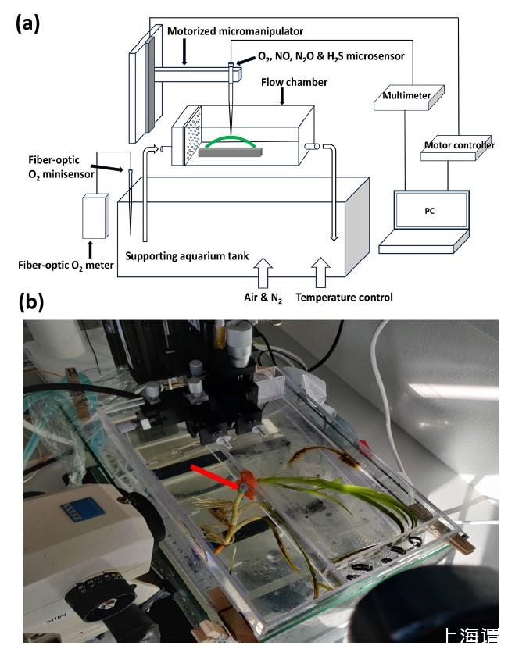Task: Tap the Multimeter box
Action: pyautogui.click(x=406, y=96)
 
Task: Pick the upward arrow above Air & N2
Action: pyautogui.click(x=263, y=274)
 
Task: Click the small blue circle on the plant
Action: pyautogui.click(x=243, y=489)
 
